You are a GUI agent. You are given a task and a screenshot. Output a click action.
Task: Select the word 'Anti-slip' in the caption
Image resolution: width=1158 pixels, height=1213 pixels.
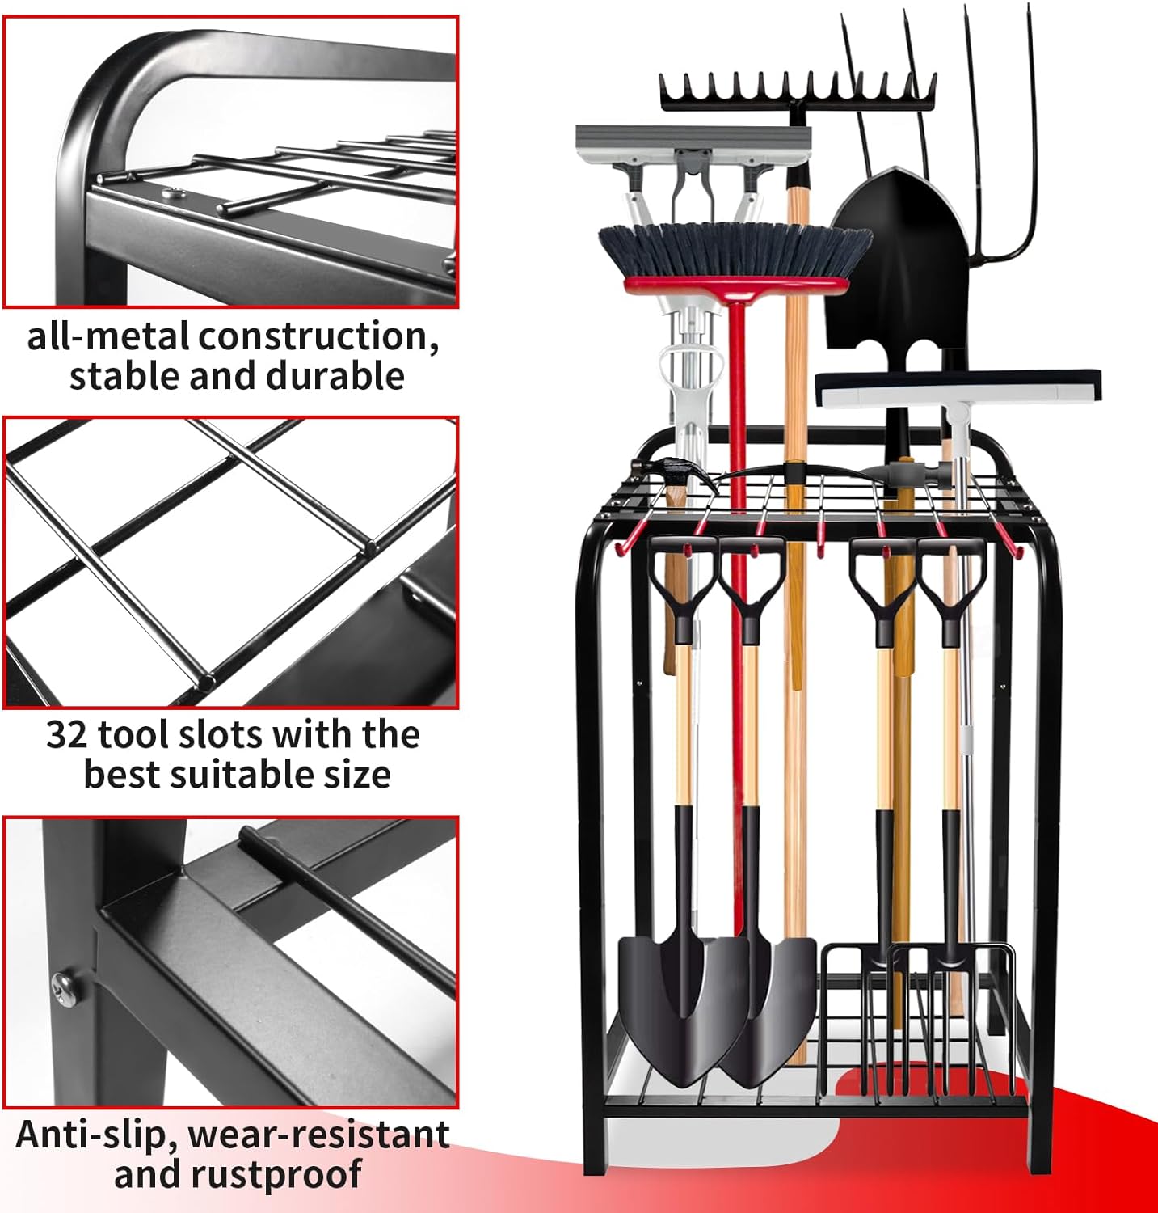click(95, 1135)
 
